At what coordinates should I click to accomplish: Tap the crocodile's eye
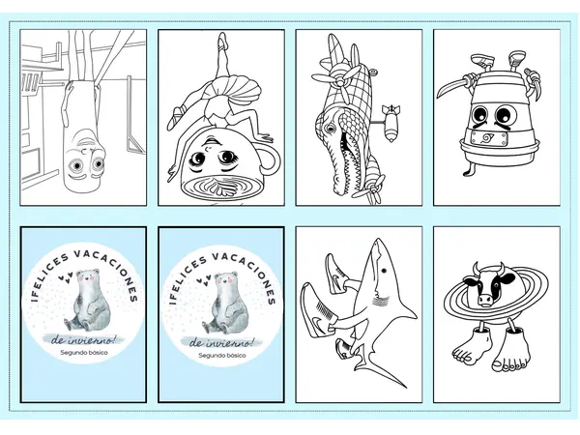point(330,129)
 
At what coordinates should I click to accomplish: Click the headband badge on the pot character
point(484,138)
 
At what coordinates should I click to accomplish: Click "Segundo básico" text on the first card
point(84,353)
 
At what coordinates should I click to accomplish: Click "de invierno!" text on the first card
point(83,339)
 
